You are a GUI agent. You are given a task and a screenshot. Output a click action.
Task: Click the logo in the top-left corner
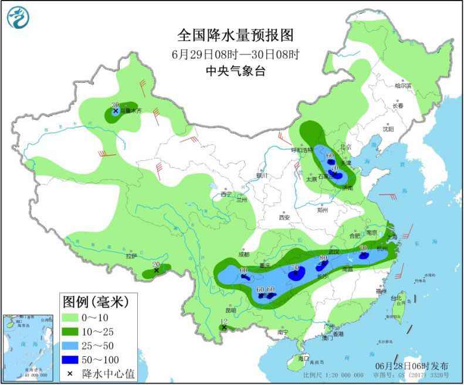coord(18,17)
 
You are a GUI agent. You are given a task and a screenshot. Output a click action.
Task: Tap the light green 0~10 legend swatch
coord(72,318)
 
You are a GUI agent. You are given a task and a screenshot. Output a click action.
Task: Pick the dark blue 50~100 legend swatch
coord(72,358)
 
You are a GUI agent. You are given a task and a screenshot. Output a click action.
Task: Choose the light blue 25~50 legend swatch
coord(72,345)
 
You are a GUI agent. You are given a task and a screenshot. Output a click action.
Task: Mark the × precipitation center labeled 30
coord(116,110)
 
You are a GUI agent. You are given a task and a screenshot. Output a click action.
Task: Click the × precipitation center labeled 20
coord(157,271)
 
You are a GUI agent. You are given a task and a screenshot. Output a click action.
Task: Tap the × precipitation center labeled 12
coord(224,327)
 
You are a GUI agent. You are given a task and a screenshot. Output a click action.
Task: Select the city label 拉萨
coord(131,256)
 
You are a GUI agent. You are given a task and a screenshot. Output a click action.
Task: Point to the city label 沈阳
coord(388,129)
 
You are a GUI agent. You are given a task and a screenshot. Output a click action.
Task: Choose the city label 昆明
coord(230,310)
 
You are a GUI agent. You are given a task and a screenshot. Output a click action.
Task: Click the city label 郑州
coord(322,210)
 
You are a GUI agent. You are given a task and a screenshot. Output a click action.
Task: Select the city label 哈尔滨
coord(402,86)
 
